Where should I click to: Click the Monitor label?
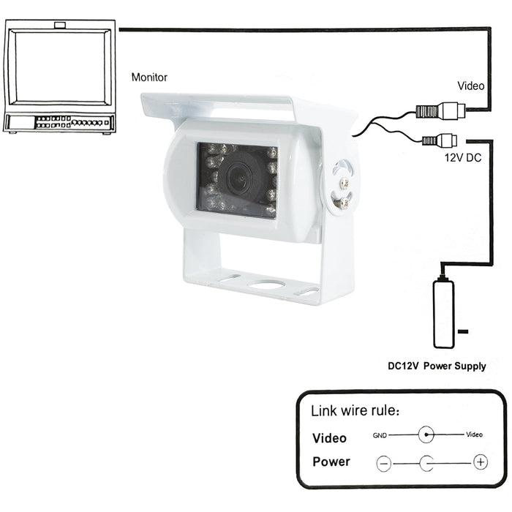click(148, 77)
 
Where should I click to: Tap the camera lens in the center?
click(237, 176)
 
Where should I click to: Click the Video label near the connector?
click(471, 86)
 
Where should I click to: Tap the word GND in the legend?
click(380, 434)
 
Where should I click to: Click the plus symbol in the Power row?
click(480, 462)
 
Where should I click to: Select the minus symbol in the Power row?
click(384, 463)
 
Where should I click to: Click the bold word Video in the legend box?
click(329, 439)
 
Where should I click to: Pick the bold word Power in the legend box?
click(331, 462)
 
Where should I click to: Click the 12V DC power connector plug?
click(440, 139)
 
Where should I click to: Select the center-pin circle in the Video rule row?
click(427, 434)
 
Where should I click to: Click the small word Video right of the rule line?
click(474, 434)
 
